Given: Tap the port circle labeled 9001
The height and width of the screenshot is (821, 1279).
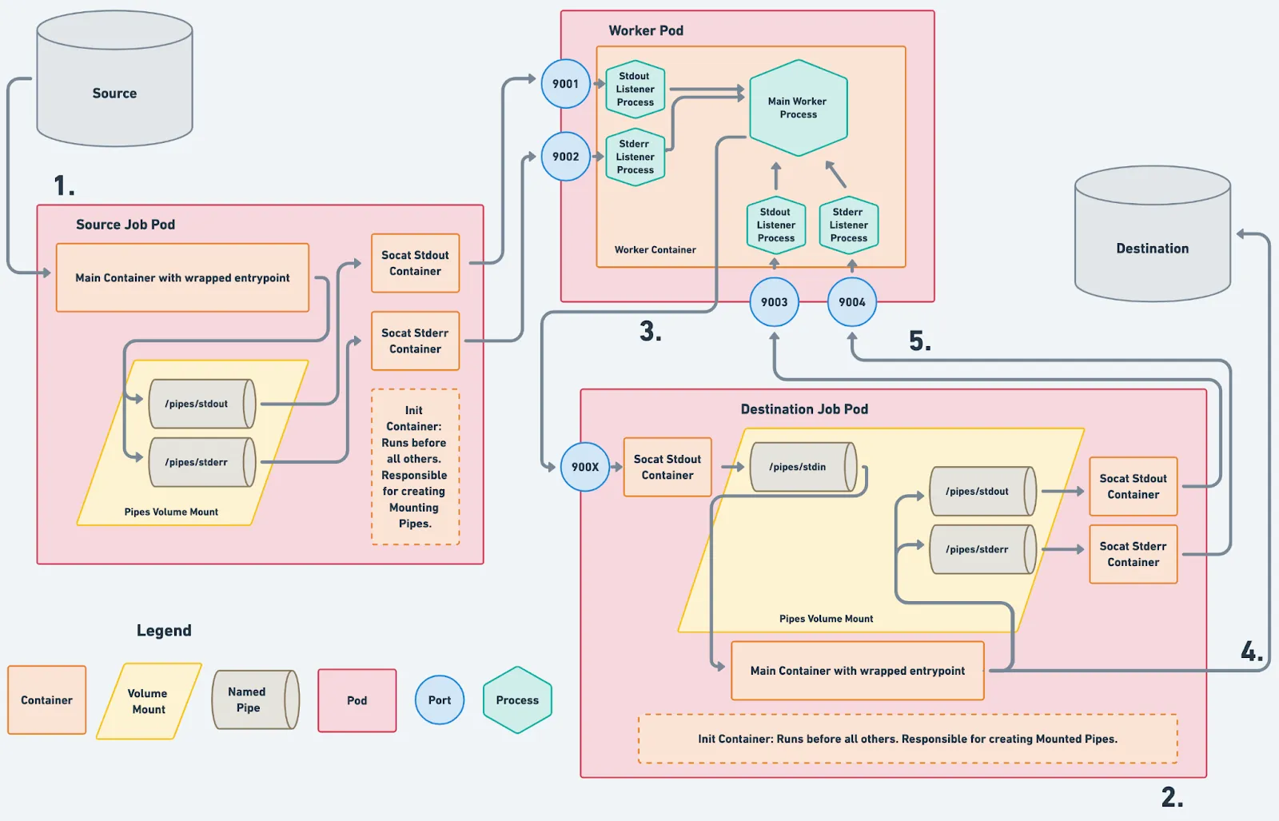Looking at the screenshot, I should tap(566, 84).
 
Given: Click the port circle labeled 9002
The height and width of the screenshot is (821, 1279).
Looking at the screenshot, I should tap(566, 157).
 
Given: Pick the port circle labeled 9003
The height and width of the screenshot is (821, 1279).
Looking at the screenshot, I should tap(774, 302).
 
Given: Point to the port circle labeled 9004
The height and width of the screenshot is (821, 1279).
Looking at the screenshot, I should tap(852, 302).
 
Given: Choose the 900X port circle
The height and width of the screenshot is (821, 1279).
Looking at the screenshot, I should tap(585, 467).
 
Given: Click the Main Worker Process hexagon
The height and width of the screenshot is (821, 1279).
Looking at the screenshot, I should tap(798, 108).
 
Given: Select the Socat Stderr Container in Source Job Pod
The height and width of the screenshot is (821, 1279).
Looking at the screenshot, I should tap(415, 341).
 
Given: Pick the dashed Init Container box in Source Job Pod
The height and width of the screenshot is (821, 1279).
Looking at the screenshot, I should tap(415, 467).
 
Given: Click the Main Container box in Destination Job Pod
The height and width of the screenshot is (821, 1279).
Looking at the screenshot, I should tap(857, 671).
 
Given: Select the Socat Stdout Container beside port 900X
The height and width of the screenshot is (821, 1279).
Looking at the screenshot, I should tap(667, 467).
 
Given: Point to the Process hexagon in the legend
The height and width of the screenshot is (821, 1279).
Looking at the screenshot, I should tap(517, 700).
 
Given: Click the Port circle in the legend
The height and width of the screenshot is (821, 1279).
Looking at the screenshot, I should tap(440, 700).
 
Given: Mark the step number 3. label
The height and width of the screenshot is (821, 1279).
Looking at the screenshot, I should tap(650, 331).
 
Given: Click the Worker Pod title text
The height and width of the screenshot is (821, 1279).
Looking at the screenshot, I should tap(646, 30).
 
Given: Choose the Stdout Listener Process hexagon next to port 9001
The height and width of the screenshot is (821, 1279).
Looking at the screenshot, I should tap(636, 90).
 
